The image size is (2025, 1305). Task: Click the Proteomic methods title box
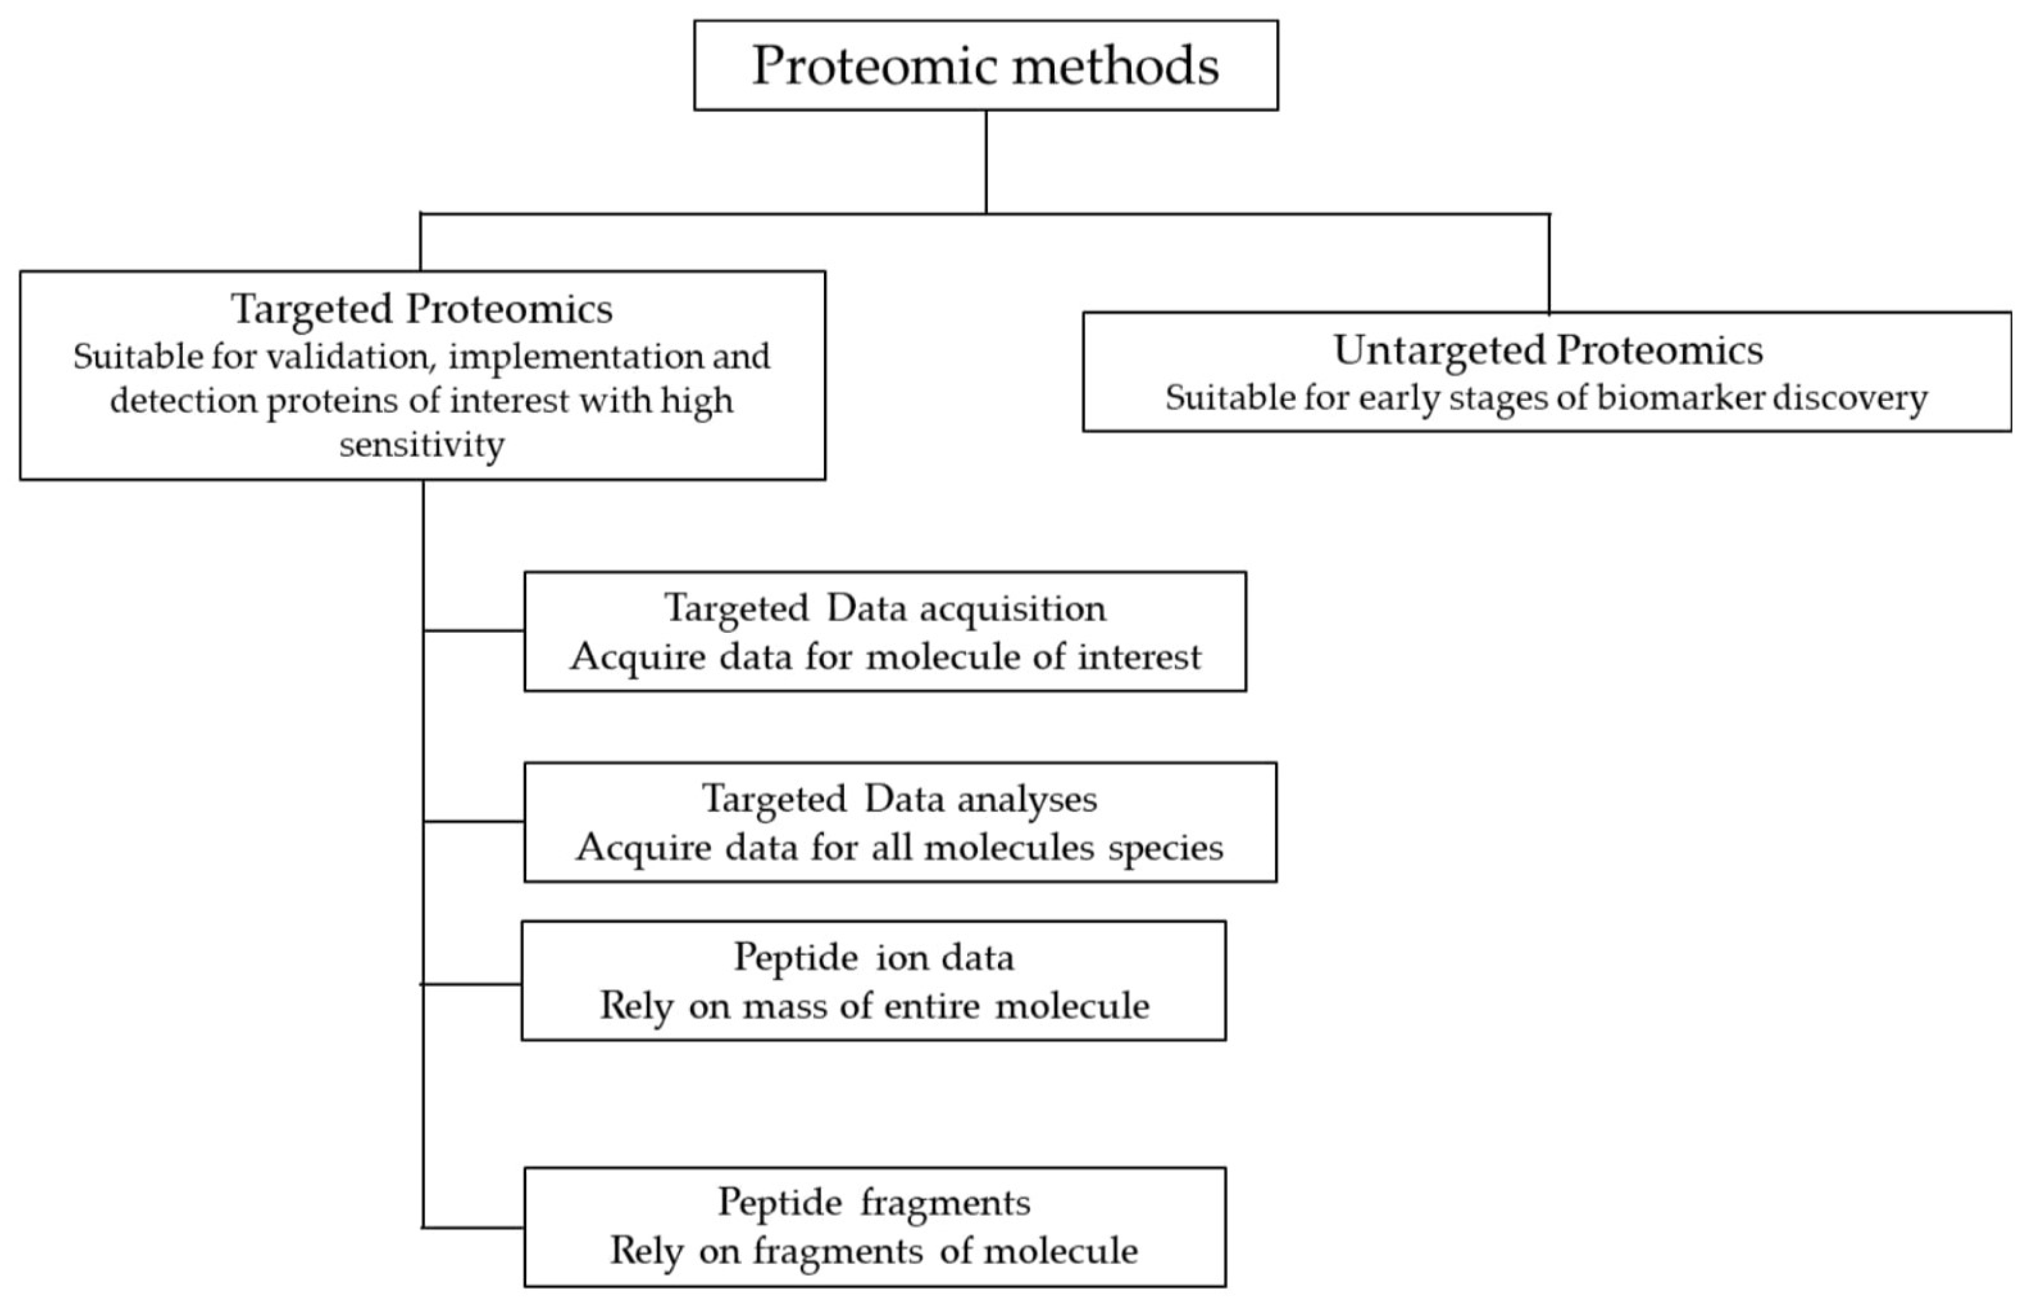click(x=985, y=66)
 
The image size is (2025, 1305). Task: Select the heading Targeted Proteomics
click(x=421, y=309)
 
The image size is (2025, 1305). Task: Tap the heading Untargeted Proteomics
click(x=1548, y=350)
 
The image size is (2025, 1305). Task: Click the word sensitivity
click(x=421, y=444)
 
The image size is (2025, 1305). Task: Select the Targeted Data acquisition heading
click(x=884, y=607)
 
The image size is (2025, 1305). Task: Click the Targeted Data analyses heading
click(x=899, y=798)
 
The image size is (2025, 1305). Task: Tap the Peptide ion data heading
click(x=873, y=956)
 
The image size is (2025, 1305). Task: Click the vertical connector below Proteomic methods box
click(x=986, y=161)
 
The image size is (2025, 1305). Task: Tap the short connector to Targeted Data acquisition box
click(x=473, y=630)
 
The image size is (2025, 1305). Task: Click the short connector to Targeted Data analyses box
click(x=473, y=821)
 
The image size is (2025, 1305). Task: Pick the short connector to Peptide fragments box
click(x=473, y=1227)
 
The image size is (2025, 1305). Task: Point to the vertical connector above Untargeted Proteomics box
click(x=1549, y=263)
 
